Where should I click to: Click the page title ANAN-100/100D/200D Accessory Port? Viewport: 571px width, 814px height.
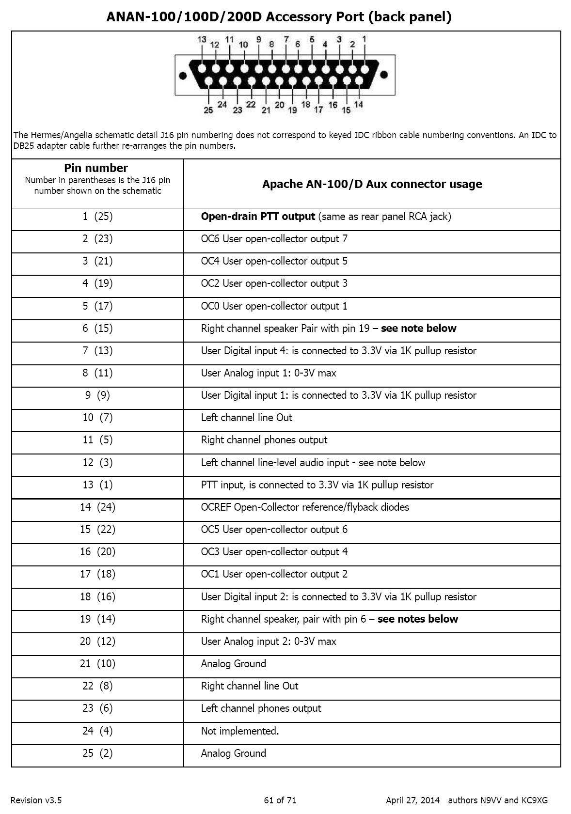coord(279,17)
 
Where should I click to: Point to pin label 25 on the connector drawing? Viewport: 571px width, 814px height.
coord(208,110)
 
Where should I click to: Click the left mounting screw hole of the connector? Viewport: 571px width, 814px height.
coord(183,75)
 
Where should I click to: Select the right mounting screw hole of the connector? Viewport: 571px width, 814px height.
coord(384,75)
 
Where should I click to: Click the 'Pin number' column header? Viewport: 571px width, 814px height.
coord(96,168)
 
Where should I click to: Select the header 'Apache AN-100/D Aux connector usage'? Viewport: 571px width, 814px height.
coord(372,184)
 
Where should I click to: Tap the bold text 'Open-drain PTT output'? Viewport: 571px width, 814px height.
coord(258,217)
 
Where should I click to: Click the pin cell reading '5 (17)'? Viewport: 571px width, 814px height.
coord(97,306)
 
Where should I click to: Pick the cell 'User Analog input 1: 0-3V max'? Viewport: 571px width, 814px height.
coord(269,373)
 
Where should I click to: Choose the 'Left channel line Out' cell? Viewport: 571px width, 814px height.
coord(247,418)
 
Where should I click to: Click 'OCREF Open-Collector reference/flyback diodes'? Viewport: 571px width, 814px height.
coord(305,507)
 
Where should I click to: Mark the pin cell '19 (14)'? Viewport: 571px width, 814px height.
coord(97,619)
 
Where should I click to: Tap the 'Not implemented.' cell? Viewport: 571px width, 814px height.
coord(240,731)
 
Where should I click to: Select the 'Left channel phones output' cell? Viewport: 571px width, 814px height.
coord(261,708)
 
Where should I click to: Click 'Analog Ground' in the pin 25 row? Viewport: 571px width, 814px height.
coord(233,753)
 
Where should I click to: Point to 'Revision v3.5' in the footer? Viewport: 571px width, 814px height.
coord(36,800)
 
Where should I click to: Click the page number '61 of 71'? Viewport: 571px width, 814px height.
coord(280,800)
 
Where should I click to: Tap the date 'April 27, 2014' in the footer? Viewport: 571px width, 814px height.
coord(412,800)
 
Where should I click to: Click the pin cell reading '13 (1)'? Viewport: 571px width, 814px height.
coord(97,485)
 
